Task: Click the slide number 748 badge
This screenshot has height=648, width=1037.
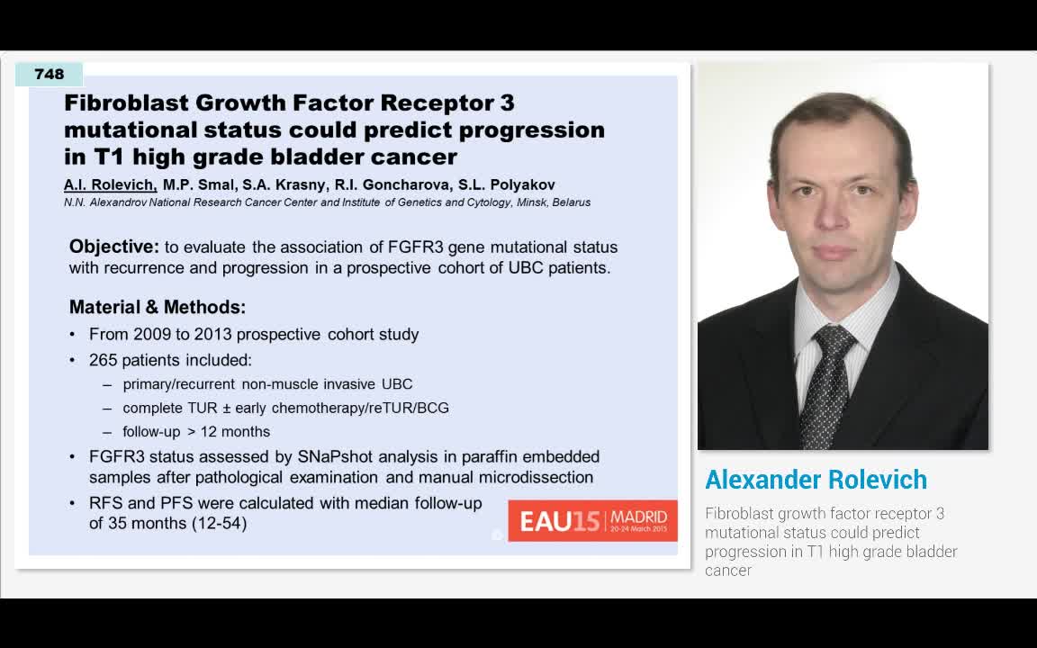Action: (x=50, y=75)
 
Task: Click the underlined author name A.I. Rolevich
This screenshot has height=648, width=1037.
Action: (x=110, y=185)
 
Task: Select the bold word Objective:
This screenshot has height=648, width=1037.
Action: (x=113, y=247)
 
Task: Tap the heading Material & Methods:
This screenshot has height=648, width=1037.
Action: (x=158, y=307)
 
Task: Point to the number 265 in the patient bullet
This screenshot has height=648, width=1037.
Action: (x=104, y=360)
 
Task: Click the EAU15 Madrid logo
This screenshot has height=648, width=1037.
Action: (x=592, y=520)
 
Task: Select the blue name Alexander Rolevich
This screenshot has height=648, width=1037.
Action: (x=816, y=480)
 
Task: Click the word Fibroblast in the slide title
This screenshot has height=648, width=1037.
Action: (x=124, y=103)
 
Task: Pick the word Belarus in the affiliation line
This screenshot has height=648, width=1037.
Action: (x=572, y=202)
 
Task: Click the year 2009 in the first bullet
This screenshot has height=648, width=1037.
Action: (x=152, y=334)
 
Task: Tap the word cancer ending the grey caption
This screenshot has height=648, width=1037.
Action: (x=727, y=571)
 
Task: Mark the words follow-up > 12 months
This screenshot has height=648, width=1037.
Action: (x=196, y=431)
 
